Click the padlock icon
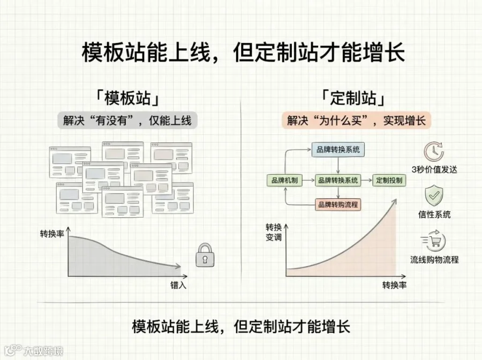(205, 255)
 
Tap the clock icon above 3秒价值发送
(434, 152)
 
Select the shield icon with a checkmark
(434, 196)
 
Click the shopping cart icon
(434, 240)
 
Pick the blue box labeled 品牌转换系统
(338, 149)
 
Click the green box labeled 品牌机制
(284, 180)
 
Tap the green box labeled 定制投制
(389, 180)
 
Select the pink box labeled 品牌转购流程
(338, 205)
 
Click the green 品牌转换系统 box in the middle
(338, 180)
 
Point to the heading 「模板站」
(127, 98)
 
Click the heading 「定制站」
(353, 98)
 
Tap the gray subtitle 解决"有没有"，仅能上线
(127, 120)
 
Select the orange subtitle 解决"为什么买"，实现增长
(356, 120)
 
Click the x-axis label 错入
(178, 286)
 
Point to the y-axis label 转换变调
(274, 232)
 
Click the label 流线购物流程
(434, 260)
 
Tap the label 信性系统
(434, 215)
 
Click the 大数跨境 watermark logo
(34, 350)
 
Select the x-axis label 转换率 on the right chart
(394, 286)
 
